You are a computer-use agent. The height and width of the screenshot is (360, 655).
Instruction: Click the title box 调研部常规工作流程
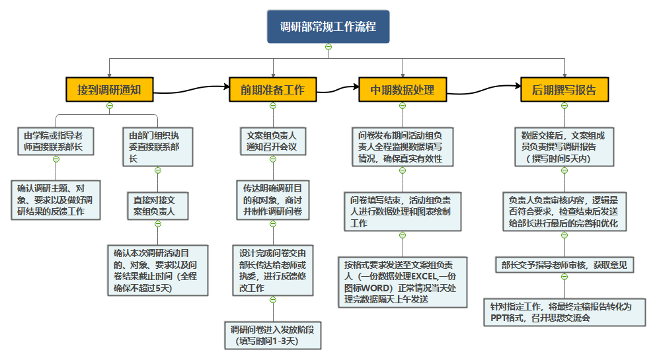tap(328, 27)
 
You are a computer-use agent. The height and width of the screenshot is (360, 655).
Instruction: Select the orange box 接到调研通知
tap(109, 90)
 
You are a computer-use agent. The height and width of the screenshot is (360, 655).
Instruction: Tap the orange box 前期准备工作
tap(272, 90)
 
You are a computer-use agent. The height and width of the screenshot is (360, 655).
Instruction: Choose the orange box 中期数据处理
tap(402, 90)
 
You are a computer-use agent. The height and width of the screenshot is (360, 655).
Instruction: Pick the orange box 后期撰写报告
tap(564, 90)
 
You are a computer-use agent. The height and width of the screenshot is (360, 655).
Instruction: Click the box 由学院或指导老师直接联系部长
tap(56, 141)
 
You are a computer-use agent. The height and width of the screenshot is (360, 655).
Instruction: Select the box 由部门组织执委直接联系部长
tap(157, 146)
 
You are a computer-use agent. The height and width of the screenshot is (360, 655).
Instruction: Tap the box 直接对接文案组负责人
tap(157, 205)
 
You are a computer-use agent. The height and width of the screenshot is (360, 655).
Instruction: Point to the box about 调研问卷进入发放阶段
tap(272, 335)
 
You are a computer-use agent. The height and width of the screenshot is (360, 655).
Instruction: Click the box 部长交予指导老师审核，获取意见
tap(564, 266)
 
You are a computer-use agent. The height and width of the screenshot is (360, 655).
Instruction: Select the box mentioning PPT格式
tap(564, 312)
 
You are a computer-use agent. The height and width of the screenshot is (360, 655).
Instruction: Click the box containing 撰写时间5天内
tap(564, 146)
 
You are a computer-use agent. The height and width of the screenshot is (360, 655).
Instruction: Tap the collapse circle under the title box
tap(328, 46)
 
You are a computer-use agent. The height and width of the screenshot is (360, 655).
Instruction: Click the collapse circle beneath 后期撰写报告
tap(564, 106)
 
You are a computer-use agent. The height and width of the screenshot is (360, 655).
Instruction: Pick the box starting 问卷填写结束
tap(402, 211)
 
